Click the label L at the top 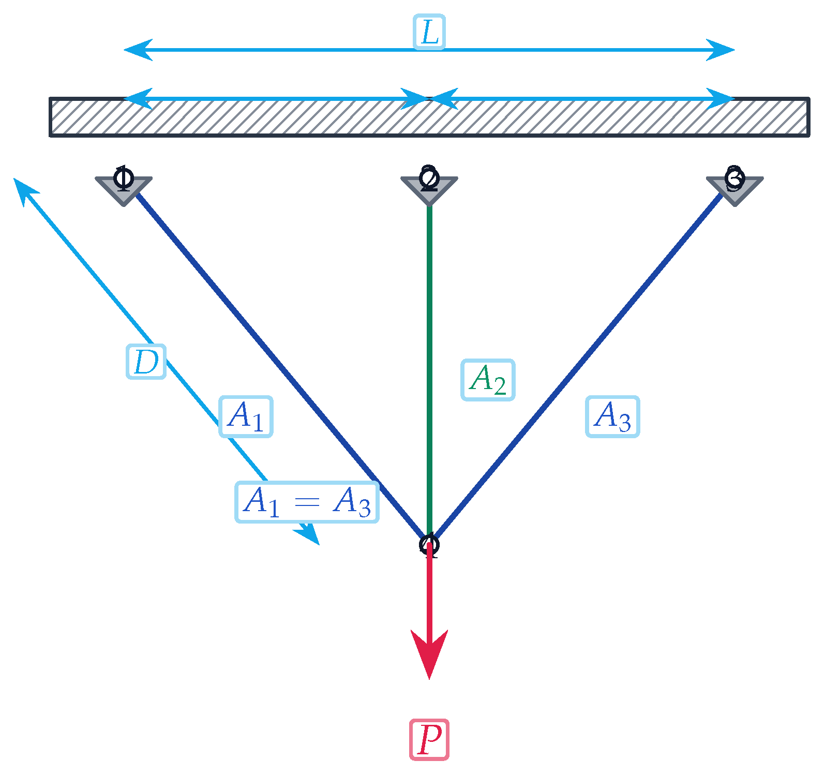429,33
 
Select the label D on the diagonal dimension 146,362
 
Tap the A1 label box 246,416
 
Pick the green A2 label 487,380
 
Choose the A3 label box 612,416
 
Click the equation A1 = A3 307,502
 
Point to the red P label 429,740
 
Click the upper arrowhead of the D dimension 24,190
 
